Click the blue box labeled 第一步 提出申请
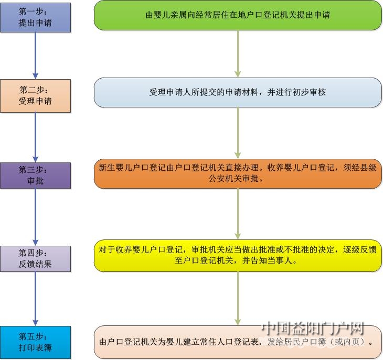coord(36,18)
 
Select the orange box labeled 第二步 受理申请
coord(36,96)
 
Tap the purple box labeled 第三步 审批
coord(36,176)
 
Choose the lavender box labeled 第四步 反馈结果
coord(36,259)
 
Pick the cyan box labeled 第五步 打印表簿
coord(36,342)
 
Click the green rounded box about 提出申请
coord(238,15)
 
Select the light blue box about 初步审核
coord(238,92)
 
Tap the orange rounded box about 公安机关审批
coord(238,174)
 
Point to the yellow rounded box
coord(238,256)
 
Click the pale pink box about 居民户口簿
coord(238,342)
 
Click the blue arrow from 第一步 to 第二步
coord(36,56)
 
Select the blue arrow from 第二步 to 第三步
coord(36,138)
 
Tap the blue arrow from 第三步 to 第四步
coord(36,217)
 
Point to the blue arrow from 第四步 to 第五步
coord(36,299)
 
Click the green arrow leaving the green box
coord(238,54)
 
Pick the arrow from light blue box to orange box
coord(238,133)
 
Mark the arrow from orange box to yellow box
coord(238,214)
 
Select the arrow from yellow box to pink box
coord(238,299)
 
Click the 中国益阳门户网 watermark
coord(313,329)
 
